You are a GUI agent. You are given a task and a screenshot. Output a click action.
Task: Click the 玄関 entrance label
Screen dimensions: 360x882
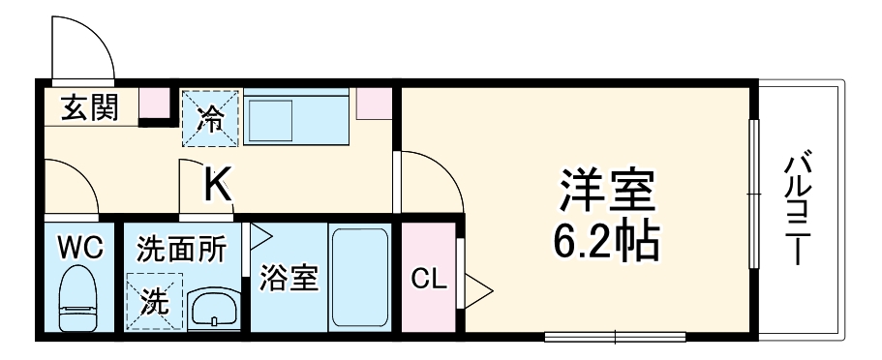click(x=91, y=107)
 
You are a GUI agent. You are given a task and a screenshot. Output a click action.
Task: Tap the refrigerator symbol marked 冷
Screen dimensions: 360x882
click(x=210, y=118)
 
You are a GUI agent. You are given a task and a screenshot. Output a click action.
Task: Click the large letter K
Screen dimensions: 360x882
click(x=218, y=185)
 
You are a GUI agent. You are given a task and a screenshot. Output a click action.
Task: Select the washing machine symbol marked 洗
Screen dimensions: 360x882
click(x=153, y=301)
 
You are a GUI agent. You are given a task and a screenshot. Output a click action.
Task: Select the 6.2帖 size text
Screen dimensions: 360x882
click(x=606, y=242)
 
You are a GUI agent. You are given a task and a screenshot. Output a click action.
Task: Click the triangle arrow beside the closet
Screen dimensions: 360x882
click(x=478, y=287)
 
